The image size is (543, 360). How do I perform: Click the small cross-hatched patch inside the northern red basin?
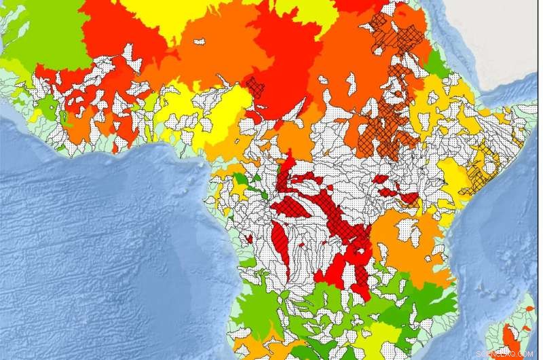pos(256,86)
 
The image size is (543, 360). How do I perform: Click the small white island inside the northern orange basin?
pos(199,41)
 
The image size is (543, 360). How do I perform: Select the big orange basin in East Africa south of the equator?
pos(407,245)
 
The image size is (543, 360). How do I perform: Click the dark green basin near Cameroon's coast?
pos(239,179)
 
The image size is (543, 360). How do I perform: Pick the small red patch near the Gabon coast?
pos(248,238)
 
